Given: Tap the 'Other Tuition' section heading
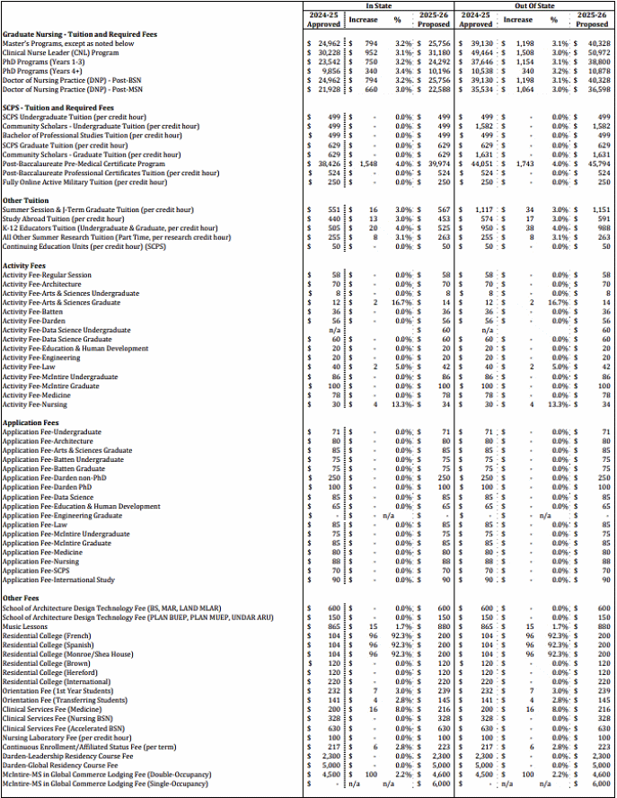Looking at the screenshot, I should coord(25,199).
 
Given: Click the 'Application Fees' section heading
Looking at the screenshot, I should coord(31,422).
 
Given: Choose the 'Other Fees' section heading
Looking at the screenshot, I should coord(21,598).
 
